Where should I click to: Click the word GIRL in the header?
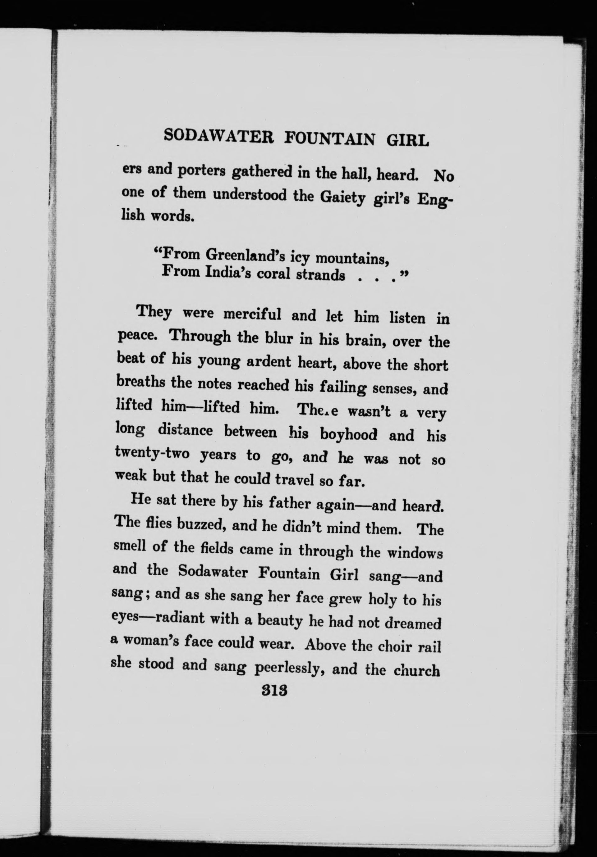(x=408, y=141)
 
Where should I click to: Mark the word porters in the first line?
(x=201, y=171)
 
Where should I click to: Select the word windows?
(x=415, y=553)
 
